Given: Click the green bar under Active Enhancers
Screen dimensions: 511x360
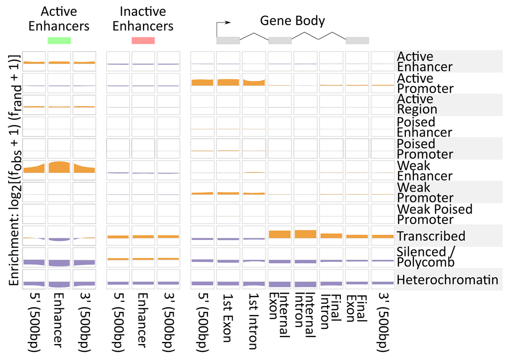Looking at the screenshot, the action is point(59,40).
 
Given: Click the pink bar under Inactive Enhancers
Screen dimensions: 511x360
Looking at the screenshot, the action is point(143,40).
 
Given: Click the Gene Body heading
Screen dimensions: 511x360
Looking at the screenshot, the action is point(292,20).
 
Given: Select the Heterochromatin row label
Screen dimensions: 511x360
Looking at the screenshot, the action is point(447,280).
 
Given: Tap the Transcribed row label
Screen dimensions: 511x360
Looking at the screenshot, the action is point(431,236).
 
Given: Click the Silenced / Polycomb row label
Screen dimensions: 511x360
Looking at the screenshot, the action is point(425,257).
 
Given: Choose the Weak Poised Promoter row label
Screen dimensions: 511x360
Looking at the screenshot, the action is point(434,214).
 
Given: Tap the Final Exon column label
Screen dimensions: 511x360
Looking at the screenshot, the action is point(356,308).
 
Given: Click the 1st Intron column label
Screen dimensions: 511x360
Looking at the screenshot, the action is point(253,321).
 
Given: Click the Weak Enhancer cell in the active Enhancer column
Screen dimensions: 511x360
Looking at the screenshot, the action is point(59,170).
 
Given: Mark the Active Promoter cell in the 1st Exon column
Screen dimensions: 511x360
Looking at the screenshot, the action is point(228,83).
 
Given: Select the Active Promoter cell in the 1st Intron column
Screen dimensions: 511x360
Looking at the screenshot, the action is point(254,83).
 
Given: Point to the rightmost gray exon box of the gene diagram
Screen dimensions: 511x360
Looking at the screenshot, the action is point(357,40).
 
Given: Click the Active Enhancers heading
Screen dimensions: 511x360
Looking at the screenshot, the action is point(59,18).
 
